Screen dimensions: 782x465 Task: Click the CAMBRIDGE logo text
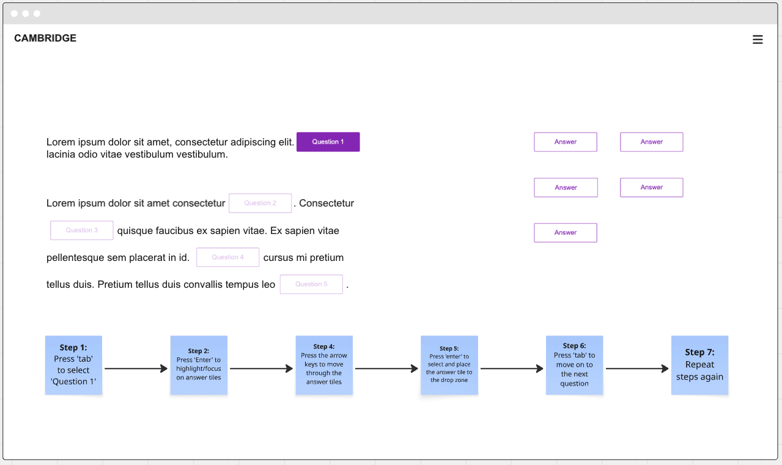pyautogui.click(x=45, y=38)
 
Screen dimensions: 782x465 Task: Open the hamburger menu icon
pyautogui.click(x=758, y=40)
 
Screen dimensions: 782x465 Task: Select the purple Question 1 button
pyautogui.click(x=328, y=142)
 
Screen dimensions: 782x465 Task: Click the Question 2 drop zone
pyautogui.click(x=260, y=203)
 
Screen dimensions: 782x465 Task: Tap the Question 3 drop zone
pyautogui.click(x=82, y=230)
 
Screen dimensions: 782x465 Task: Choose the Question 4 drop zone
pyautogui.click(x=227, y=257)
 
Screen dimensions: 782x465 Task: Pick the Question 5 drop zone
pyautogui.click(x=311, y=284)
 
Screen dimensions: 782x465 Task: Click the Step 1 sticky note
pyautogui.click(x=73, y=365)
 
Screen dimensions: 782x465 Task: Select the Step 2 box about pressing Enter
pyautogui.click(x=199, y=365)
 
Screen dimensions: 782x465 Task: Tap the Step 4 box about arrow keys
pyautogui.click(x=324, y=365)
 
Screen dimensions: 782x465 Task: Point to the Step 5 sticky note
pyautogui.click(x=449, y=365)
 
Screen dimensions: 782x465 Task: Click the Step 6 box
pyautogui.click(x=574, y=365)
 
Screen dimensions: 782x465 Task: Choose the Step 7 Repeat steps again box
pyautogui.click(x=699, y=365)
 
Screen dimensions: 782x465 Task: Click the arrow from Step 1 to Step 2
pyautogui.click(x=136, y=368)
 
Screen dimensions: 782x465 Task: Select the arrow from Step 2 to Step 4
pyautogui.click(x=262, y=368)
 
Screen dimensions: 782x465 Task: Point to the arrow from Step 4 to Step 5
pyautogui.click(x=386, y=368)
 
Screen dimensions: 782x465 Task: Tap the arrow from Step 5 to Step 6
pyautogui.click(x=512, y=368)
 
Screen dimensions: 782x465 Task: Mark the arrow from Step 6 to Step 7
pyautogui.click(x=637, y=368)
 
